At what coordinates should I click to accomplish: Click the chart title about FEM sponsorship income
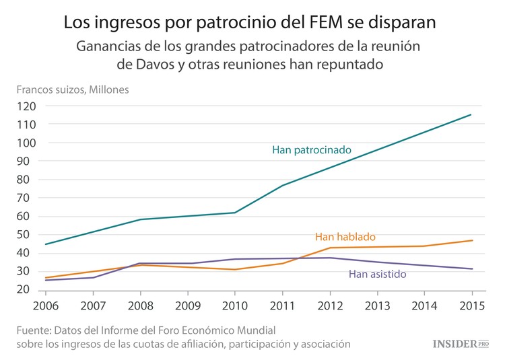(249, 22)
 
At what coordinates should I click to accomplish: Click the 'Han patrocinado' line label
(311, 150)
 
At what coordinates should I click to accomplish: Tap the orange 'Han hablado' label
(345, 237)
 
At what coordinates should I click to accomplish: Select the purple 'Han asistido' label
(377, 274)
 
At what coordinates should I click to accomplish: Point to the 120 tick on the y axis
(27, 106)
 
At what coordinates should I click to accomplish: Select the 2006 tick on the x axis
(46, 304)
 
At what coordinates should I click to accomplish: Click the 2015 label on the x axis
(471, 304)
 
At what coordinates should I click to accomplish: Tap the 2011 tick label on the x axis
(282, 304)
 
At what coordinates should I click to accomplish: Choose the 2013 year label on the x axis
(376, 304)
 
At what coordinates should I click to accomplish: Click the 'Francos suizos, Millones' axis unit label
(73, 89)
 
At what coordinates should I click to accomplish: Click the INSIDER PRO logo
(461, 344)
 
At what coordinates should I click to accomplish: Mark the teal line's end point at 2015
(471, 115)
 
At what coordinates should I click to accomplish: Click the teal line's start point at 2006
(46, 244)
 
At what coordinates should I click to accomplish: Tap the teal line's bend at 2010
(235, 213)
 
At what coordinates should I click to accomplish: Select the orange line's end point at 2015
(471, 240)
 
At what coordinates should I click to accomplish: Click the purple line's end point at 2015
(471, 269)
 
